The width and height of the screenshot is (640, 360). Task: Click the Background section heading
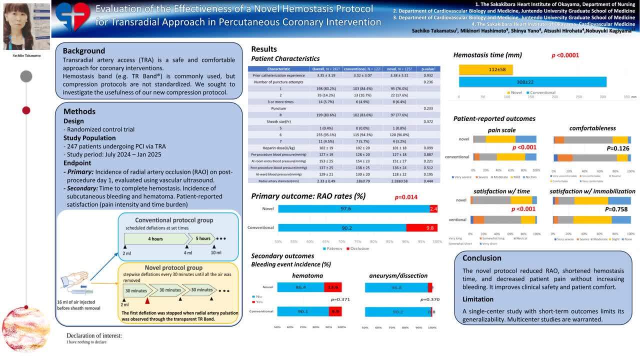(x=83, y=50)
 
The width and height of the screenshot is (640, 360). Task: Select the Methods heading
(x=79, y=111)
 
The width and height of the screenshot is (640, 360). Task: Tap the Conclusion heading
(x=481, y=258)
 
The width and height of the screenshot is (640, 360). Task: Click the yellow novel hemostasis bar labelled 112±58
(x=485, y=69)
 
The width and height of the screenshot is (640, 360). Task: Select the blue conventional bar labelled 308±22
(x=532, y=81)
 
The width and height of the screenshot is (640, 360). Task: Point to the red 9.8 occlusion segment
(x=421, y=227)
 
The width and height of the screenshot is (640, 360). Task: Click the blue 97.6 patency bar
(x=353, y=208)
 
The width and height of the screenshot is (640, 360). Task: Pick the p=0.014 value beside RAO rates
(x=405, y=197)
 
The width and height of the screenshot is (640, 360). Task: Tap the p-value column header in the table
(x=428, y=68)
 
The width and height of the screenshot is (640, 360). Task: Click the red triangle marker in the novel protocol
(x=147, y=300)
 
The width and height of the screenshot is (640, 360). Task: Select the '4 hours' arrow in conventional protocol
(x=155, y=238)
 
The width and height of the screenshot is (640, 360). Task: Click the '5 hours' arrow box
(x=202, y=238)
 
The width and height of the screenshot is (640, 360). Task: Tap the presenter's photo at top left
(x=26, y=26)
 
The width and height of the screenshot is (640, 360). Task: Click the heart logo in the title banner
(x=72, y=16)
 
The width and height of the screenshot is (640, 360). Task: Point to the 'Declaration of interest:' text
(x=94, y=335)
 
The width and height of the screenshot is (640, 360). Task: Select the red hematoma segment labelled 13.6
(x=332, y=287)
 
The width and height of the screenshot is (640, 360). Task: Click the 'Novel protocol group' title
(x=173, y=267)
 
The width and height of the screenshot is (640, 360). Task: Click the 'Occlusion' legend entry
(x=359, y=248)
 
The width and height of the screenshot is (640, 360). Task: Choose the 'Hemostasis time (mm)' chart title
(x=487, y=55)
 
